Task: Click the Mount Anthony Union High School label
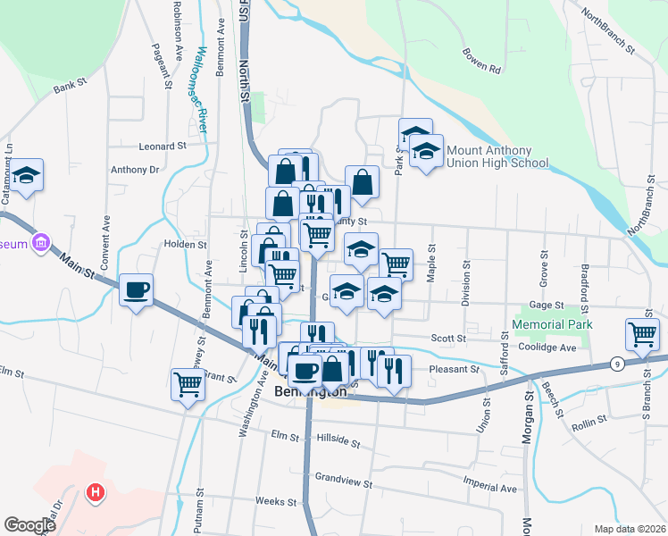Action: pyautogui.click(x=497, y=156)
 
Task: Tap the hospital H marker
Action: pyautogui.click(x=94, y=492)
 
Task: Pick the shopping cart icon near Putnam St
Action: pyautogui.click(x=188, y=384)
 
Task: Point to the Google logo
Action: pyautogui.click(x=29, y=525)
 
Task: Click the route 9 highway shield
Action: pyautogui.click(x=618, y=363)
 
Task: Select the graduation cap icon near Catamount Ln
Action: pyautogui.click(x=28, y=175)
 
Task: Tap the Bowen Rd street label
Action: pyautogui.click(x=482, y=60)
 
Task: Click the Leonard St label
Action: pyautogui.click(x=162, y=146)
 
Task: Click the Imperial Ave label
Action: pyautogui.click(x=490, y=489)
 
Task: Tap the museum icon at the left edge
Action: pyautogui.click(x=40, y=243)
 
